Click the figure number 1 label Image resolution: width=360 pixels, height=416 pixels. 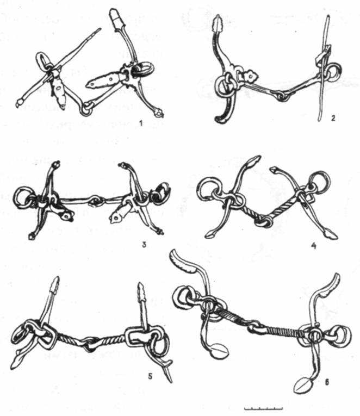(x=141, y=123)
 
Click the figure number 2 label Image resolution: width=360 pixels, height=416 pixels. (x=333, y=118)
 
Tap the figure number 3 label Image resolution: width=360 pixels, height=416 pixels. (x=144, y=244)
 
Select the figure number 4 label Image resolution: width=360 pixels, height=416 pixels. (x=313, y=246)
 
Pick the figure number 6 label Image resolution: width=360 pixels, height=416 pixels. (x=327, y=382)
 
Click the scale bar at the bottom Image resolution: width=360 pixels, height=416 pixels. (x=263, y=408)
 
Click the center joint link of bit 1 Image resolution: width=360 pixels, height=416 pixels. (x=86, y=109)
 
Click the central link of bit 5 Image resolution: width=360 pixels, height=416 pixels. (x=91, y=344)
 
